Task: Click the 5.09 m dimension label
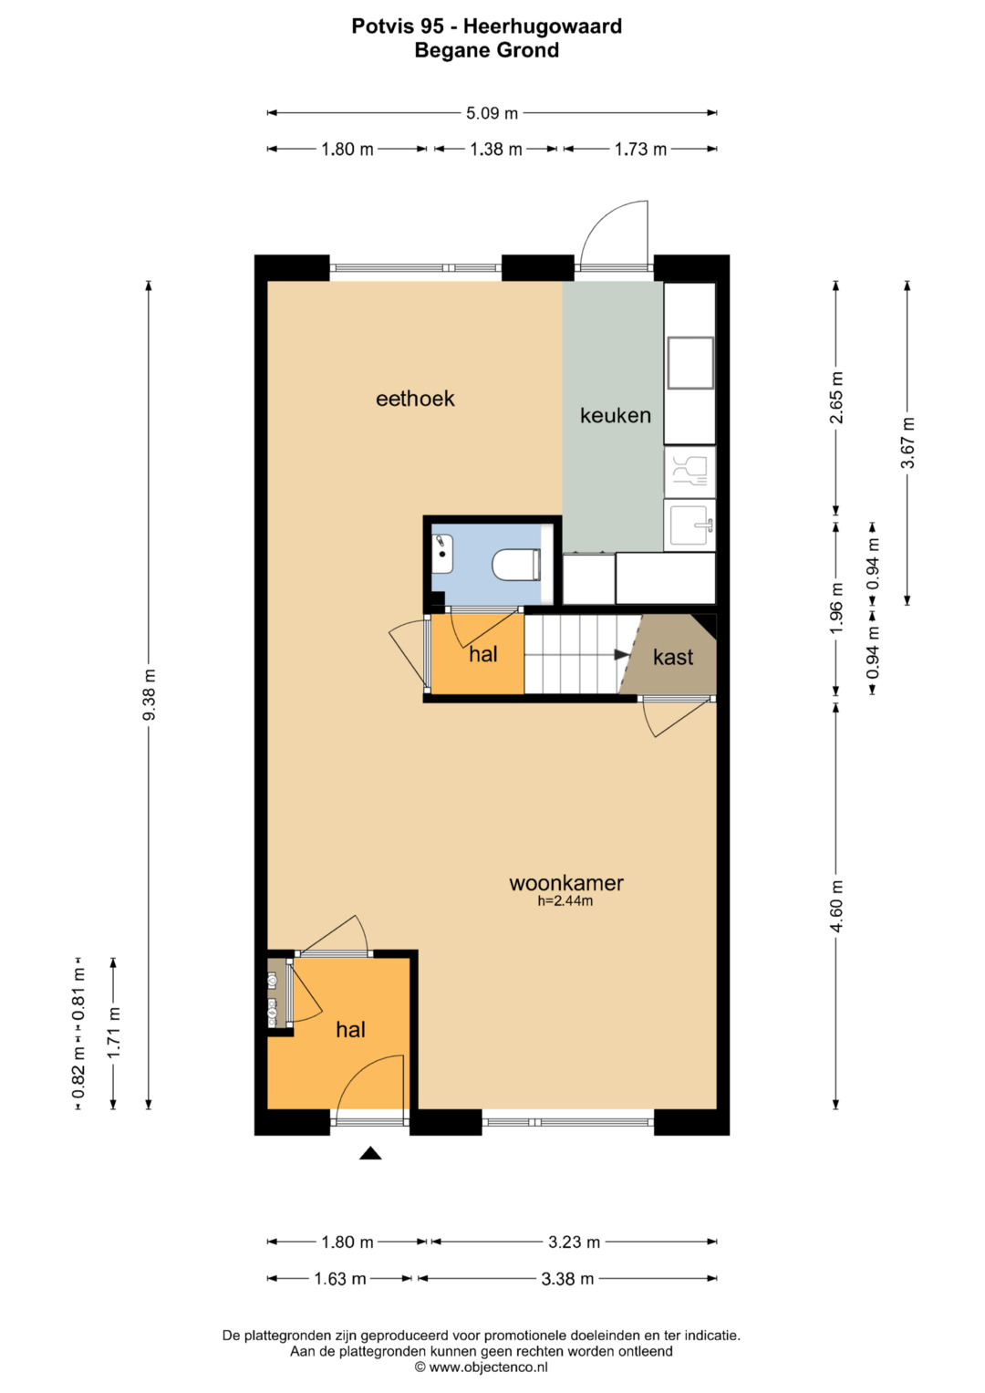(492, 113)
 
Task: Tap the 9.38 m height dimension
(150, 694)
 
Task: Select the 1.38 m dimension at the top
(495, 150)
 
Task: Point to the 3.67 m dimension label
(907, 442)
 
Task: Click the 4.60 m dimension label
(836, 906)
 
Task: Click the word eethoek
(415, 399)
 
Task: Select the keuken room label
(616, 415)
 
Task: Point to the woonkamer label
(565, 883)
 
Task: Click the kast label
(673, 657)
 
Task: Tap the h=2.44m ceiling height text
(565, 900)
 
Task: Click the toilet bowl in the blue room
(516, 565)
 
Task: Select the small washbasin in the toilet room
(442, 554)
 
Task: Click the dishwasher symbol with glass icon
(689, 472)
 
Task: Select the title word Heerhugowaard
(543, 26)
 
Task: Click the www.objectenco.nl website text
(488, 1367)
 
